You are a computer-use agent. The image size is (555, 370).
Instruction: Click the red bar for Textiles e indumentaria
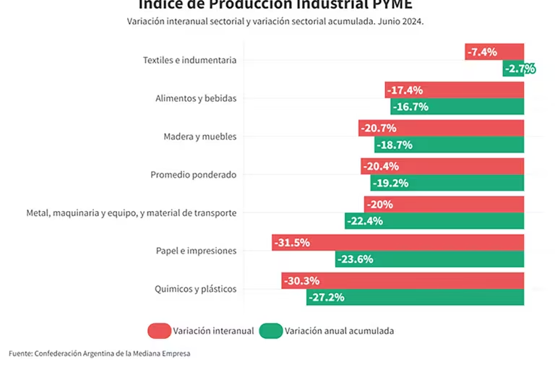pos(494,52)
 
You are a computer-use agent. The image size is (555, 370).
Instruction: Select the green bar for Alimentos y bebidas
pos(457,107)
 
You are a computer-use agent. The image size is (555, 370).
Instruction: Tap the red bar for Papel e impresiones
pos(397,242)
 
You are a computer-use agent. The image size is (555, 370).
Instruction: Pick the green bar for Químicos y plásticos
pos(416,297)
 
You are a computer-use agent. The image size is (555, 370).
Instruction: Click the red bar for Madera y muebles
pos(441,128)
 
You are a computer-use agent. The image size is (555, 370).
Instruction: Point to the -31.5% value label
pos(293,242)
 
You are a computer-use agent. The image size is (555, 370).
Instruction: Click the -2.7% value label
pos(520,69)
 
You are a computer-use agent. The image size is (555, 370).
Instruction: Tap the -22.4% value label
pos(365,221)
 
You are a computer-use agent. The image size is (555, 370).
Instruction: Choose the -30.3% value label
pos(302,280)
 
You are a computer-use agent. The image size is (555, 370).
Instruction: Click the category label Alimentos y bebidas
pos(196,98)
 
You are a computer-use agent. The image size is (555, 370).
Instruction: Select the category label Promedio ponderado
pos(193,175)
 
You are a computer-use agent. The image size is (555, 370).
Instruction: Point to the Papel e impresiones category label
pos(196,251)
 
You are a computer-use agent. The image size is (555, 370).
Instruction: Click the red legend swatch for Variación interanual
pos(159,331)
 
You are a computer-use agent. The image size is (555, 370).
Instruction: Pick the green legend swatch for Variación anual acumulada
pos(271,331)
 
